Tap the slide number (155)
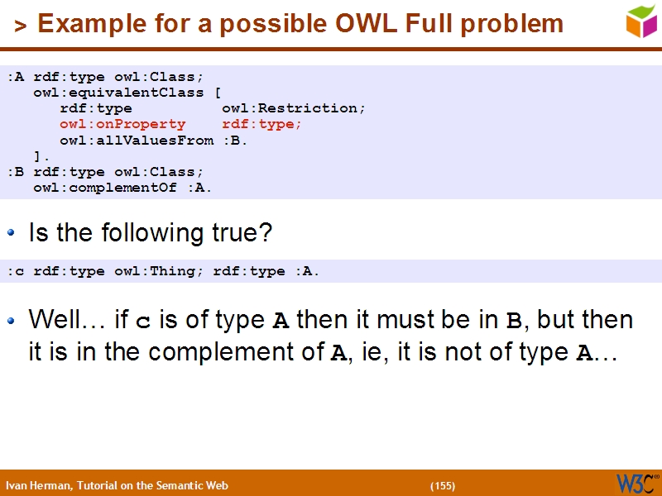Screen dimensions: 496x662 (x=443, y=486)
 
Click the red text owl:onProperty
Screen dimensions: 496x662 (x=122, y=124)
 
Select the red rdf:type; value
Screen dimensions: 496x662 (x=261, y=124)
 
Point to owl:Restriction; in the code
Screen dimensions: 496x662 (x=294, y=108)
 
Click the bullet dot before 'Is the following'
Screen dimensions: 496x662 (x=12, y=234)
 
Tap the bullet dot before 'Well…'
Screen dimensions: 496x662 (x=12, y=320)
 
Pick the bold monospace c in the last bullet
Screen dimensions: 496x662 (x=142, y=321)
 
